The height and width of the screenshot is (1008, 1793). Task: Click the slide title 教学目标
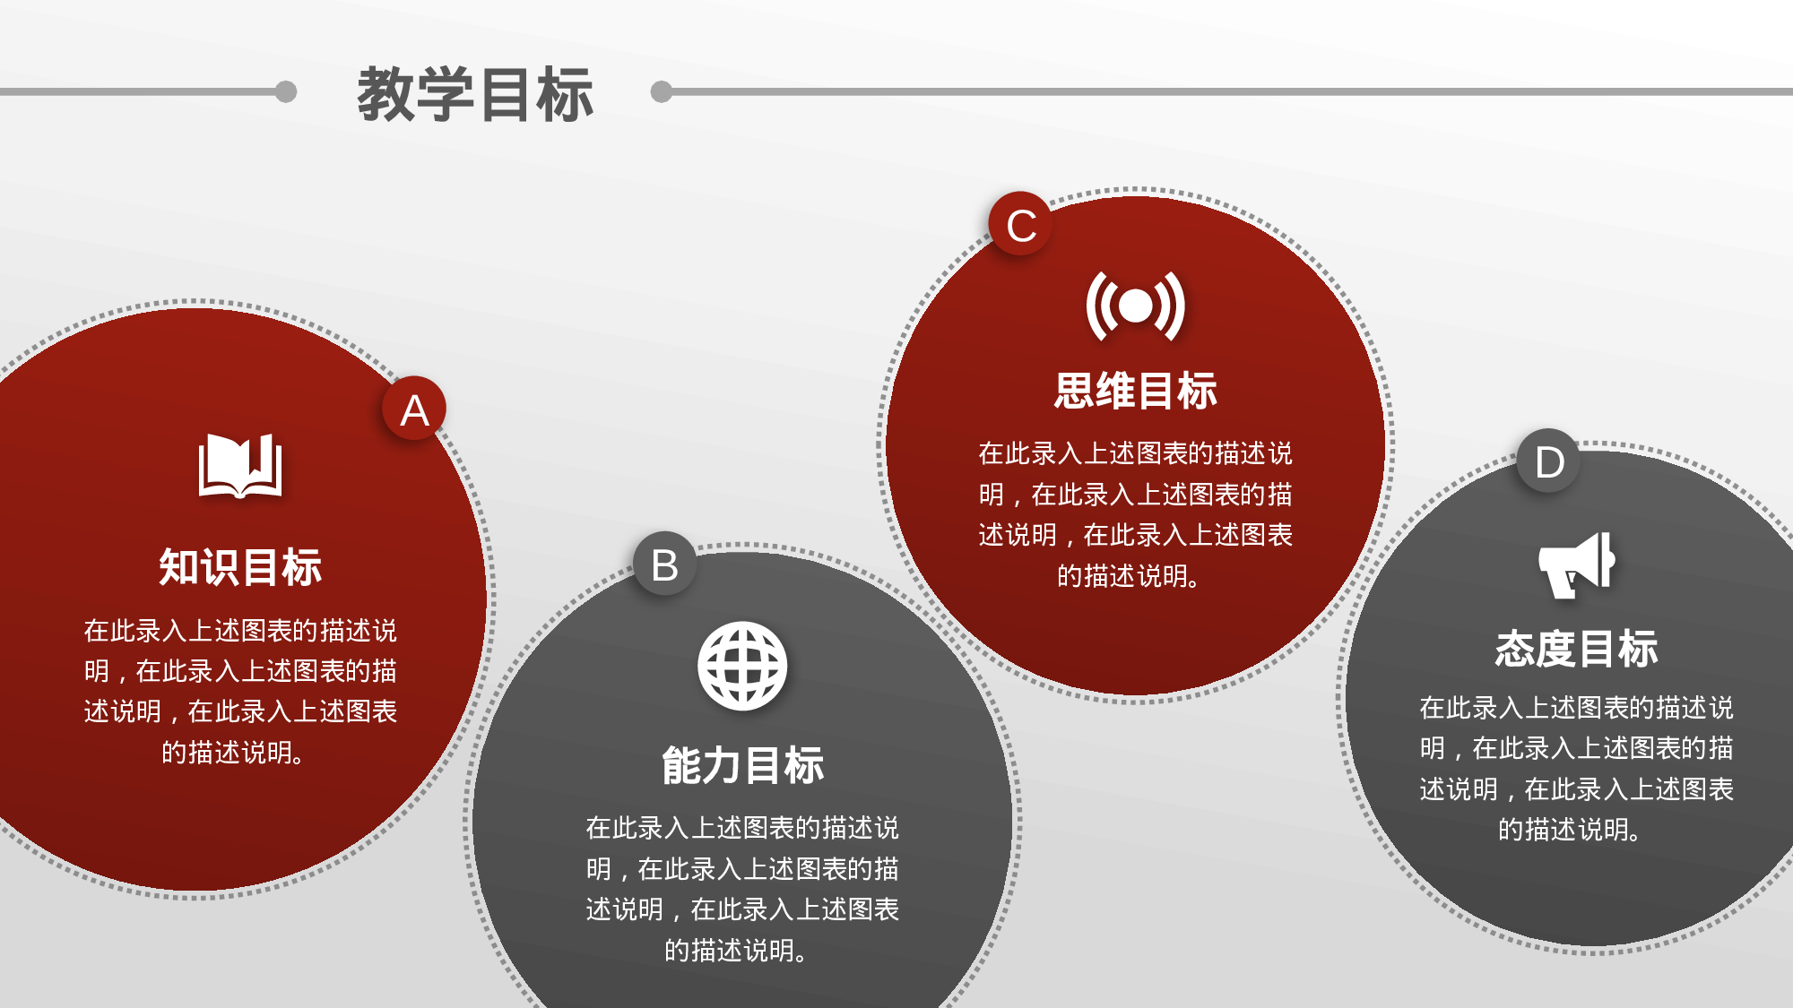point(475,94)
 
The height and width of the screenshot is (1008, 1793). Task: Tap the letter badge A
point(414,409)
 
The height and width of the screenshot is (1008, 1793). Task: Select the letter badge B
point(664,564)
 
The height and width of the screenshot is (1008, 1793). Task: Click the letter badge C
point(1021,224)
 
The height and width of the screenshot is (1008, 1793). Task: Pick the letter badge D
point(1549,461)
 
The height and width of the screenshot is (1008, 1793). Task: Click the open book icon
point(240,465)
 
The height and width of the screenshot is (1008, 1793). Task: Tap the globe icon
point(742,666)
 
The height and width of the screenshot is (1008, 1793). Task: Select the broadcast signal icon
point(1135,306)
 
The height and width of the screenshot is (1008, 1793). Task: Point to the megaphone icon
point(1576,564)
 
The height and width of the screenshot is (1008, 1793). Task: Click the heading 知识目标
point(240,567)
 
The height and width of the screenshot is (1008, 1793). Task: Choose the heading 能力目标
point(742,766)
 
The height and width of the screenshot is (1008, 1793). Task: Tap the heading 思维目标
point(1135,392)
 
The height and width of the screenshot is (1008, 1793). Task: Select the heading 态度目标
point(1576,649)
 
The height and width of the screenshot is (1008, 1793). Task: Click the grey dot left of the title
point(286,91)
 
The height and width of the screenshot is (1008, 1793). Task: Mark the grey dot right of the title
point(662,91)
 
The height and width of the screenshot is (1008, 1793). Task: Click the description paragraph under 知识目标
point(240,691)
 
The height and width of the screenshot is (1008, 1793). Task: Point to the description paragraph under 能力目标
point(742,888)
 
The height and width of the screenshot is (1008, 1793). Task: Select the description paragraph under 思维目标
point(1135,514)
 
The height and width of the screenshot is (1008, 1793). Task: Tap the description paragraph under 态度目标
point(1576,768)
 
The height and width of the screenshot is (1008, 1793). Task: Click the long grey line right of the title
point(1228,91)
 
